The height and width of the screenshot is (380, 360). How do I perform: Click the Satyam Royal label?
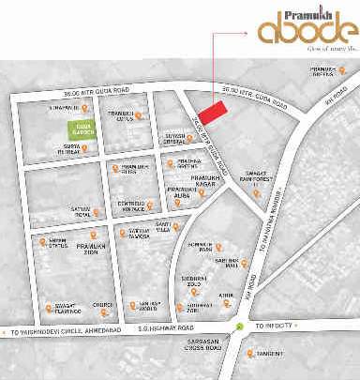pos(82,213)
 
